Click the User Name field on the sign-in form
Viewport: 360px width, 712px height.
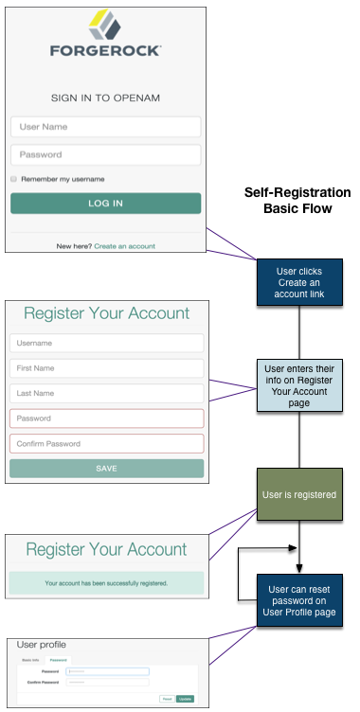tap(105, 127)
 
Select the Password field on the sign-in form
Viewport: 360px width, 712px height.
tap(105, 154)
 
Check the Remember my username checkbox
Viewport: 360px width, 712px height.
tap(14, 178)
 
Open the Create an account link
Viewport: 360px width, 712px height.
tap(124, 246)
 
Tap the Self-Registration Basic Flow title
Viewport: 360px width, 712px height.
tap(297, 200)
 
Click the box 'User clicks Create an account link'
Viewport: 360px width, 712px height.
tap(298, 283)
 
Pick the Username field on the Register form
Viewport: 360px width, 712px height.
tap(106, 343)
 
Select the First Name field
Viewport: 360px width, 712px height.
tap(106, 368)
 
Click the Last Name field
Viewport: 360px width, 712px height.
tap(106, 393)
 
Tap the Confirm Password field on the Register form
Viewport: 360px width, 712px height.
tap(106, 443)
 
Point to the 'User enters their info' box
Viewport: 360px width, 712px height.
tap(298, 384)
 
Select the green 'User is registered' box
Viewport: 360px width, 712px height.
tap(298, 494)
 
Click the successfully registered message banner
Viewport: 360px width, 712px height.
tap(106, 582)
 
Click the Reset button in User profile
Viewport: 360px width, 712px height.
tap(167, 698)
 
